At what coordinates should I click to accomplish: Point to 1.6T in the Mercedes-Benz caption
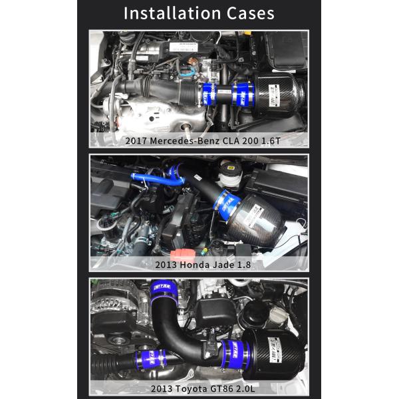coord(265,140)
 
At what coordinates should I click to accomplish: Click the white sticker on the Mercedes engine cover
coord(184,47)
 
